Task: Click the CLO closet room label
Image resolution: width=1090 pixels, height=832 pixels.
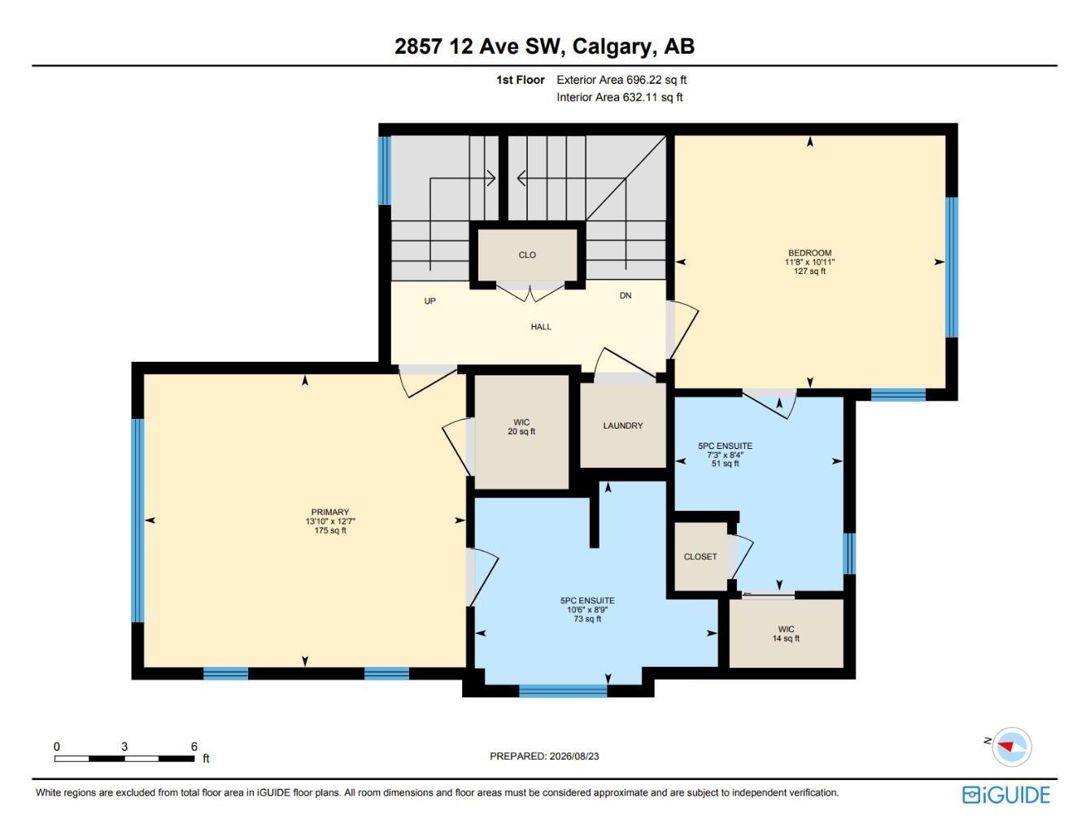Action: pos(527,255)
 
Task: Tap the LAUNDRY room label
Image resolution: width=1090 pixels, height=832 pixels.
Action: pos(623,425)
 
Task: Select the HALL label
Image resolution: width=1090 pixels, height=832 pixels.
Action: pos(541,327)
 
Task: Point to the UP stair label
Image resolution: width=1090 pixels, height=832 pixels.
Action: pos(430,301)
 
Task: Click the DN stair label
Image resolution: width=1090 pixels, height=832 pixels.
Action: pos(626,295)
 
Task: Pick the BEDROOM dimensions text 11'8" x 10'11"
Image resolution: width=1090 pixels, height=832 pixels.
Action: pos(809,262)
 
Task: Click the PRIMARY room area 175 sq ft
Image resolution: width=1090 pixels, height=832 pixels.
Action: pos(330,530)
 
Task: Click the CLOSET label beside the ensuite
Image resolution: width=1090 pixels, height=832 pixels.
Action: pos(700,556)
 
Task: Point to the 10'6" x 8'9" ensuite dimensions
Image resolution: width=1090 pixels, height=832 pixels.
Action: pos(587,610)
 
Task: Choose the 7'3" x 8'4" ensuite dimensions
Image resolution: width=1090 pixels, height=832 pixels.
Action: pos(725,455)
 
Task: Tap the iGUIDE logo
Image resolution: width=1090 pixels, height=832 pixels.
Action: pos(1006,795)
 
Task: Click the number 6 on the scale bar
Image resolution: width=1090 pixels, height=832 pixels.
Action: pos(194,746)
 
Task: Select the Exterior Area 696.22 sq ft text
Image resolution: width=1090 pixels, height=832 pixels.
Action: pos(621,80)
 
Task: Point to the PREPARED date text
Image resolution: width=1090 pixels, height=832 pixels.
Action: pos(544,756)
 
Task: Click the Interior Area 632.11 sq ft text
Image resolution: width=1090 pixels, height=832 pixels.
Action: pos(619,97)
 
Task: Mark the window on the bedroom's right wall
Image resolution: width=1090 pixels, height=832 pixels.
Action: pos(951,267)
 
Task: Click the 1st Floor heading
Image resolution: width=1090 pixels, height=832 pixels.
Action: pos(520,80)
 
